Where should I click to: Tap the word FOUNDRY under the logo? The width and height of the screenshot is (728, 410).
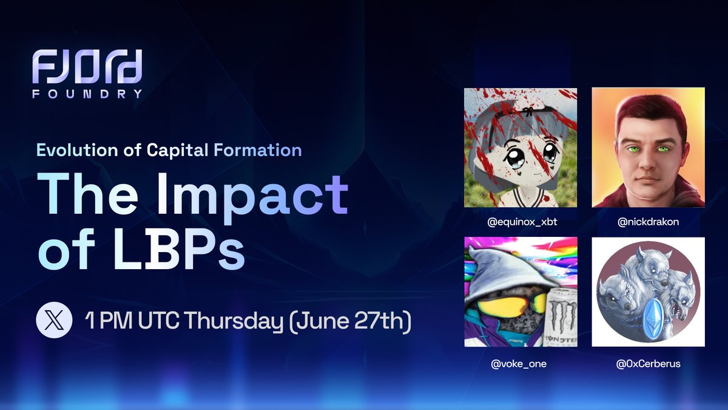point(88,94)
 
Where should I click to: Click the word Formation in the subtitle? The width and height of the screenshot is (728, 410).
point(257,149)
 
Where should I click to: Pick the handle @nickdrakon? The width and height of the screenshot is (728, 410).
point(648,222)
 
